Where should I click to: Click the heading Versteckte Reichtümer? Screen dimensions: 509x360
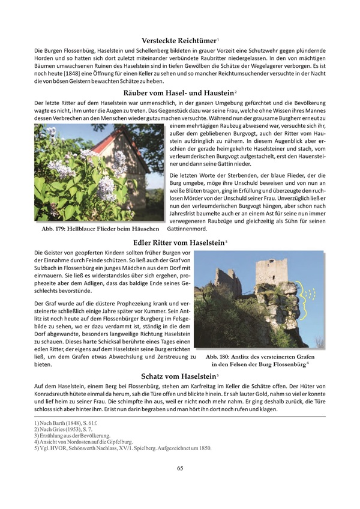[179, 40]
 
